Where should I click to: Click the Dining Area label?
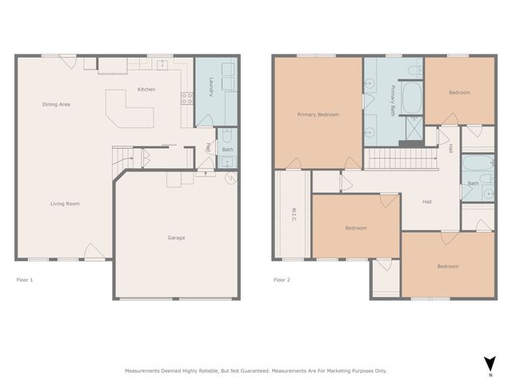point(56,104)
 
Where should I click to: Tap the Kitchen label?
point(146,89)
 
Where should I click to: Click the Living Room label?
point(65,204)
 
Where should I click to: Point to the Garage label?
point(176,238)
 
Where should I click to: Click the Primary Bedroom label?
point(318,114)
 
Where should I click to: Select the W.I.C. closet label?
point(293,215)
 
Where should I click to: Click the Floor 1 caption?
point(25,280)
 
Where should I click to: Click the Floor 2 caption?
point(282,280)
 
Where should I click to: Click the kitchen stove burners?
point(187,99)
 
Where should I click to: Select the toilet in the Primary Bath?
point(414,72)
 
